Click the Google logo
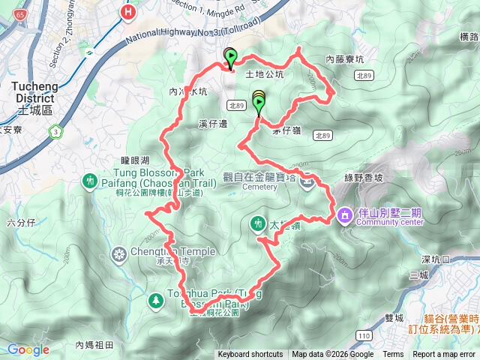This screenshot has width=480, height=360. [28, 349]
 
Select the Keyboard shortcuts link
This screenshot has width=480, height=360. [250, 355]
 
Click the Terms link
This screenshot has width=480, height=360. [393, 355]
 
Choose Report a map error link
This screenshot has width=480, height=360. [445, 355]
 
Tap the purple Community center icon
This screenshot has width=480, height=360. [344, 214]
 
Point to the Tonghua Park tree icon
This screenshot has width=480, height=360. [156, 300]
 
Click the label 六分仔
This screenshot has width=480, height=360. [20, 222]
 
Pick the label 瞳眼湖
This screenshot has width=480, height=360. [135, 160]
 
